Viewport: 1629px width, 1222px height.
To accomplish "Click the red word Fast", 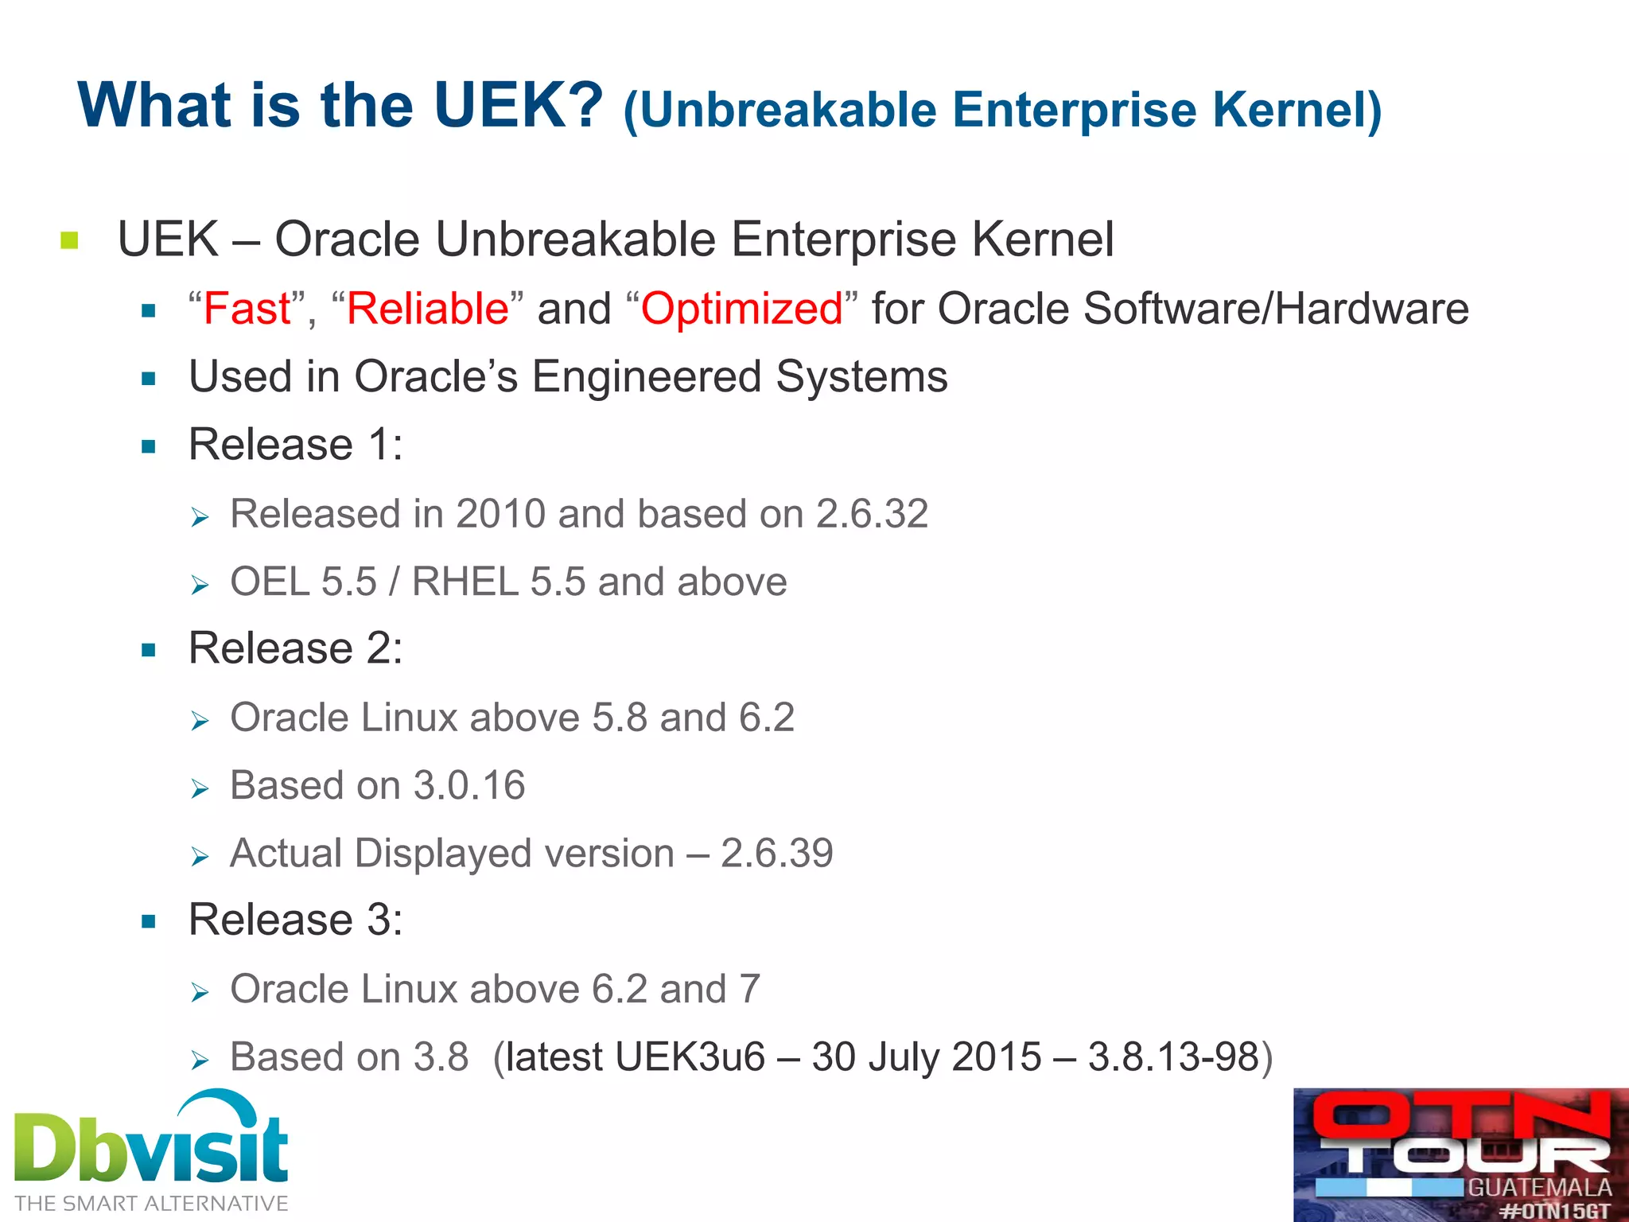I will pyautogui.click(x=247, y=309).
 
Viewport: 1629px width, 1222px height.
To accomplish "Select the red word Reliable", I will pyautogui.click(x=427, y=309).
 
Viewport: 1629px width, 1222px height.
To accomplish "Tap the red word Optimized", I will pyautogui.click(x=741, y=309).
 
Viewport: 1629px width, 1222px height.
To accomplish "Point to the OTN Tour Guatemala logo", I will pyautogui.click(x=1460, y=1154).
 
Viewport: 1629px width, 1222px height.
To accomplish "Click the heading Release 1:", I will pyautogui.click(x=295, y=444).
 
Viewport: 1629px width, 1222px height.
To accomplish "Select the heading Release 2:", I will pyautogui.click(x=295, y=648).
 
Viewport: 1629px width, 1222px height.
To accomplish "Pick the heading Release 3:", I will pyautogui.click(x=295, y=920).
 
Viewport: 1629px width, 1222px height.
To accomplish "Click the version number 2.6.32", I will pyautogui.click(x=872, y=514).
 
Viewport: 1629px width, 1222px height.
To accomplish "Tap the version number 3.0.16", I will pyautogui.click(x=469, y=785).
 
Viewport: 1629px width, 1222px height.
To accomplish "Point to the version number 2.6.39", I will pyautogui.click(x=776, y=854).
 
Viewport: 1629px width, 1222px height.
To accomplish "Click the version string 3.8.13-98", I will pyautogui.click(x=1173, y=1057).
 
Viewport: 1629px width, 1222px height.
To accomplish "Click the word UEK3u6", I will pyautogui.click(x=689, y=1057).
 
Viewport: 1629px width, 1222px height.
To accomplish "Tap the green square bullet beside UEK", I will pyautogui.click(x=69, y=239).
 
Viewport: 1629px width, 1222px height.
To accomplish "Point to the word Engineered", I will pyautogui.click(x=647, y=376).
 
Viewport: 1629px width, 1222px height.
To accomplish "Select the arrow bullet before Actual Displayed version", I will pyautogui.click(x=200, y=857).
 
